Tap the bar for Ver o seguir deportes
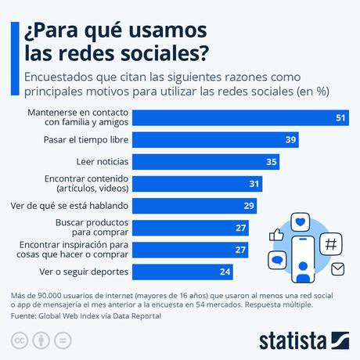(188, 272)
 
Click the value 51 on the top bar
(340, 117)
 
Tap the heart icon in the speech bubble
(301, 222)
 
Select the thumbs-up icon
(275, 234)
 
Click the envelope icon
(338, 270)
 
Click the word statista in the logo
(293, 340)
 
